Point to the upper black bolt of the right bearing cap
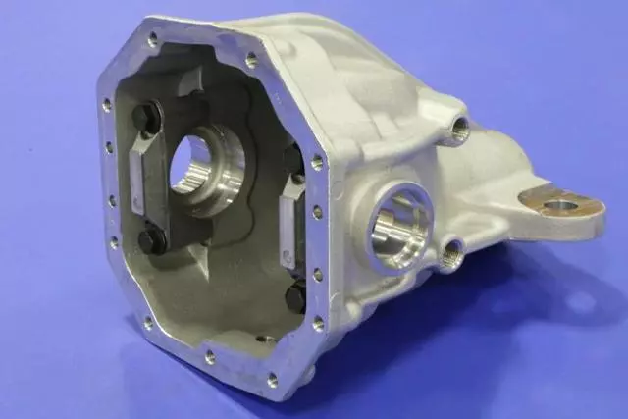click(x=291, y=157)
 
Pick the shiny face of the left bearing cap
click(x=137, y=177)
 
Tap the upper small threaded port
click(x=457, y=128)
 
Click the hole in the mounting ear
click(x=559, y=206)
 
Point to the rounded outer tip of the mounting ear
click(x=593, y=211)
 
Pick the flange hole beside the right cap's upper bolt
click(x=316, y=163)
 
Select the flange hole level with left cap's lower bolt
click(x=114, y=240)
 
